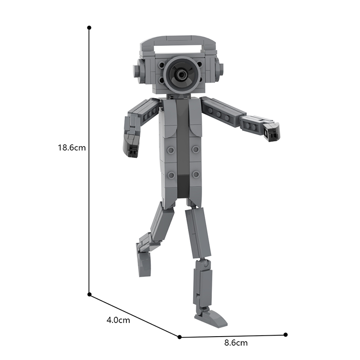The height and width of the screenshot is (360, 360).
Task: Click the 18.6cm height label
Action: pyautogui.click(x=72, y=147)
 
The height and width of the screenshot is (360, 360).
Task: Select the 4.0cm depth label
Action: pyautogui.click(x=118, y=320)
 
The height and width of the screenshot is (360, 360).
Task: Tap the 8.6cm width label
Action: pyautogui.click(x=236, y=343)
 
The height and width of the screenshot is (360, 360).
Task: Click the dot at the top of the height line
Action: pyautogui.click(x=89, y=27)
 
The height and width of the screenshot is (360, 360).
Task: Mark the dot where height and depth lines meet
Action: pyautogui.click(x=89, y=294)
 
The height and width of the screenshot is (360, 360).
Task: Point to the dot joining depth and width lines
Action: pyautogui.click(x=180, y=337)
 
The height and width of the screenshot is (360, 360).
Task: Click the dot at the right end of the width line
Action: pyautogui.click(x=285, y=334)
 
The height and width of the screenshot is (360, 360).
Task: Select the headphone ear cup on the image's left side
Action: pyautogui.click(x=137, y=71)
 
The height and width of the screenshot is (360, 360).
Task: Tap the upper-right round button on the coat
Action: pyautogui.click(x=195, y=148)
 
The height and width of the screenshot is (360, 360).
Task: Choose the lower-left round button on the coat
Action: pyautogui.click(x=171, y=175)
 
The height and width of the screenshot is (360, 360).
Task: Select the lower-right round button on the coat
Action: pyautogui.click(x=195, y=174)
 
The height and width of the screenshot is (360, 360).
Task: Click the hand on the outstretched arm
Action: pyautogui.click(x=271, y=131)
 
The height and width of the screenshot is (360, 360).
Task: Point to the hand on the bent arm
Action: pyautogui.click(x=132, y=149)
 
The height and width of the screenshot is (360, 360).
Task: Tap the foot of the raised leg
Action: pyautogui.click(x=144, y=263)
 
